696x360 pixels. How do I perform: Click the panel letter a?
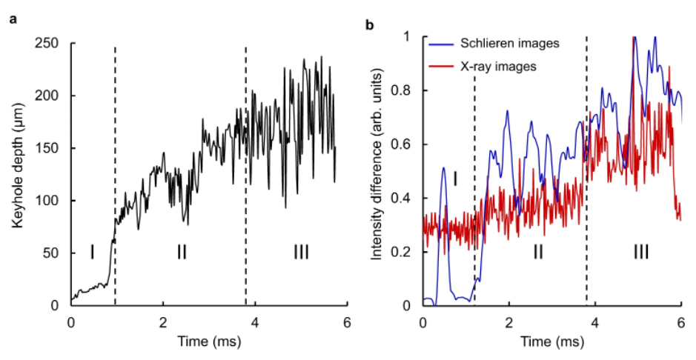click(x=13, y=19)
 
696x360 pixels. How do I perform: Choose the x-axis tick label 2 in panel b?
click(x=508, y=323)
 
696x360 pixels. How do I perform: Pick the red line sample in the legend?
click(x=438, y=67)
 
